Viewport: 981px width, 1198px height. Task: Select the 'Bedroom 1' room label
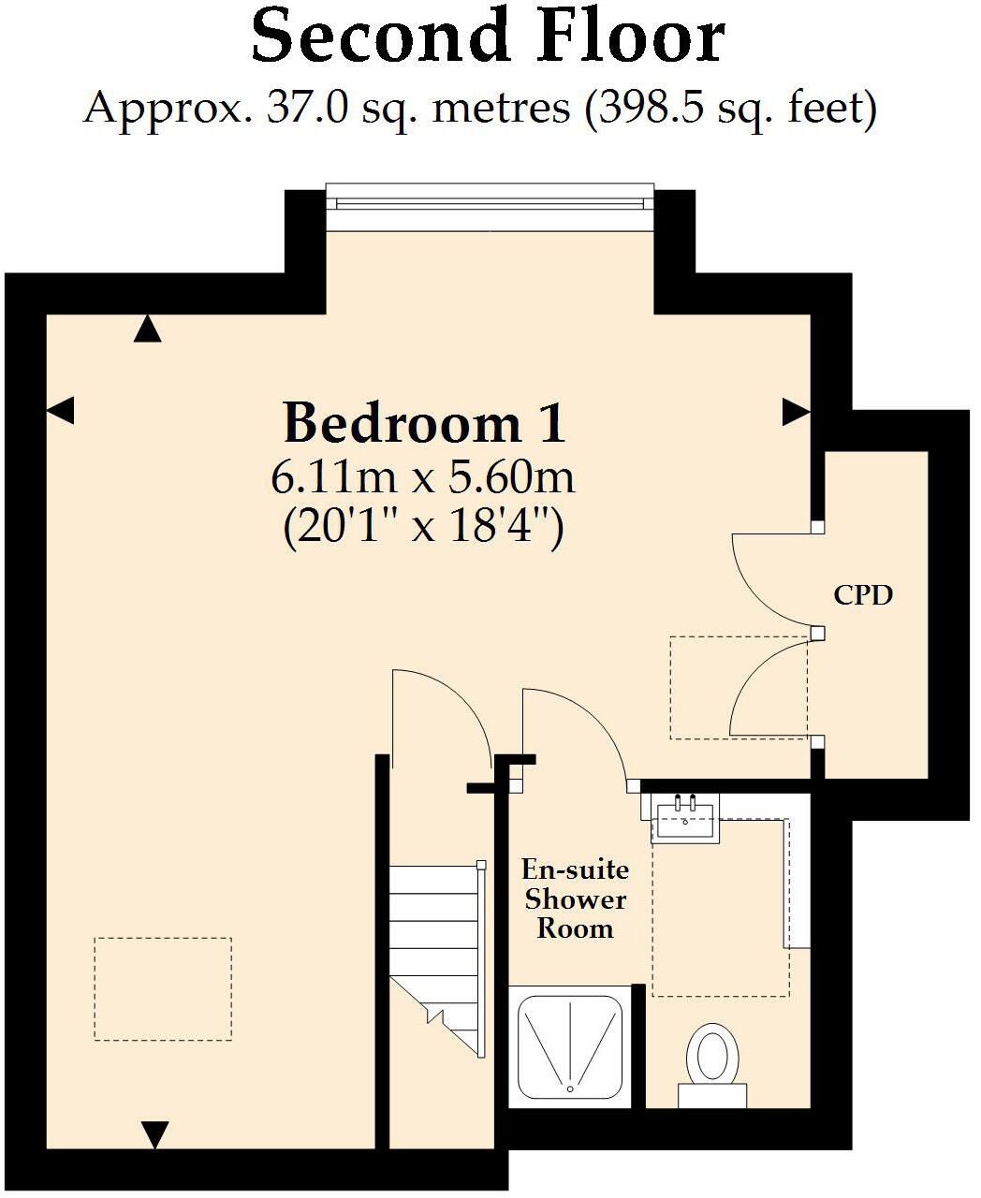coord(424,423)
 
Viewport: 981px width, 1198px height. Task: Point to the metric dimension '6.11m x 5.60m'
coord(422,477)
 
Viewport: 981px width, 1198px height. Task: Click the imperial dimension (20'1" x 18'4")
coord(422,529)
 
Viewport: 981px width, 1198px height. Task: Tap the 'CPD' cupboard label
coord(863,594)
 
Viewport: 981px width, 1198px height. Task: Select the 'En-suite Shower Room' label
coord(575,898)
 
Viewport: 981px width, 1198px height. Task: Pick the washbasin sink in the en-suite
coord(686,817)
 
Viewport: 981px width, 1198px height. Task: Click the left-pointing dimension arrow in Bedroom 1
coord(60,410)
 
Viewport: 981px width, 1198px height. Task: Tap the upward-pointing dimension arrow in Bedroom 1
coord(147,329)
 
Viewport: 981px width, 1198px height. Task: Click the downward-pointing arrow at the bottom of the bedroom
coord(154,1133)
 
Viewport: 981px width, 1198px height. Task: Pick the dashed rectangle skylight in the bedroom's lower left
coord(163,988)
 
